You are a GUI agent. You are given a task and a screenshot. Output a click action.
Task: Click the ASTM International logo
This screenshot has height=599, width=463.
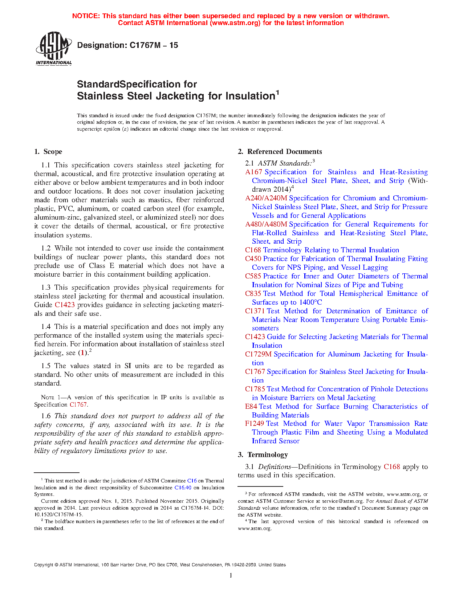pyautogui.click(x=53, y=48)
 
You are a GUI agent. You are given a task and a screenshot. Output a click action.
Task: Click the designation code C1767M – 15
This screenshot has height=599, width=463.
pyautogui.click(x=154, y=45)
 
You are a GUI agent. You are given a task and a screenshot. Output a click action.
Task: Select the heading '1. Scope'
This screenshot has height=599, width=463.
pyautogui.click(x=48, y=152)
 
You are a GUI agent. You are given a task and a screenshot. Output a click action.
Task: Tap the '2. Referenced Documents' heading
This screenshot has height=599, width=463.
pyautogui.click(x=280, y=152)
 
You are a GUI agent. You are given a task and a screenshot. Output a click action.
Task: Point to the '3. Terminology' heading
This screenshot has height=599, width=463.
pyautogui.click(x=263, y=455)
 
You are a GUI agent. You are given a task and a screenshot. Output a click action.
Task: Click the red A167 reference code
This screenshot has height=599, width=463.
pyautogui.click(x=253, y=172)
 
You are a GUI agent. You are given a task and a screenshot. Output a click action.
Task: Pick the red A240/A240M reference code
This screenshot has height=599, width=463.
pyautogui.click(x=266, y=198)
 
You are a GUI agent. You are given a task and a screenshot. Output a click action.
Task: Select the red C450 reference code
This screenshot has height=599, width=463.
pyautogui.click(x=253, y=259)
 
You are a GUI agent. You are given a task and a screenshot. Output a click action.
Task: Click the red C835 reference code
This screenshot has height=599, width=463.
pyautogui.click(x=253, y=294)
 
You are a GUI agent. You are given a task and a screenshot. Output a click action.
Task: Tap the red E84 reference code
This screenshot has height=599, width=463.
pyautogui.click(x=251, y=407)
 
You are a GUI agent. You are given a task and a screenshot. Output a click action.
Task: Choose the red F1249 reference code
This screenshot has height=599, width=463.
pyautogui.click(x=254, y=424)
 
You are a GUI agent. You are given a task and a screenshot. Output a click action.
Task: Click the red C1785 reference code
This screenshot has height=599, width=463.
pyautogui.click(x=255, y=389)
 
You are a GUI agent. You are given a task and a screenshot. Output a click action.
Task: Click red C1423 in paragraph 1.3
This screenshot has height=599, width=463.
pyautogui.click(x=65, y=305)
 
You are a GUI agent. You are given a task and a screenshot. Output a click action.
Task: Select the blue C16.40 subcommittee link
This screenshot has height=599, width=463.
pyautogui.click(x=183, y=488)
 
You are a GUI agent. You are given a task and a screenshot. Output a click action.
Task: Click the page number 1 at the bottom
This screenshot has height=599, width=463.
pyautogui.click(x=231, y=575)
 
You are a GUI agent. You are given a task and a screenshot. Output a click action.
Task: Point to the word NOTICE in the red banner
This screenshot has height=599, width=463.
pyautogui.click(x=86, y=16)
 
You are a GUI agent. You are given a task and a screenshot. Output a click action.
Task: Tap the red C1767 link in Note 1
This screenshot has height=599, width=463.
pyautogui.click(x=78, y=404)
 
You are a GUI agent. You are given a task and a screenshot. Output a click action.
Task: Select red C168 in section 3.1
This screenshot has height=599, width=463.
pyautogui.click(x=392, y=467)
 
